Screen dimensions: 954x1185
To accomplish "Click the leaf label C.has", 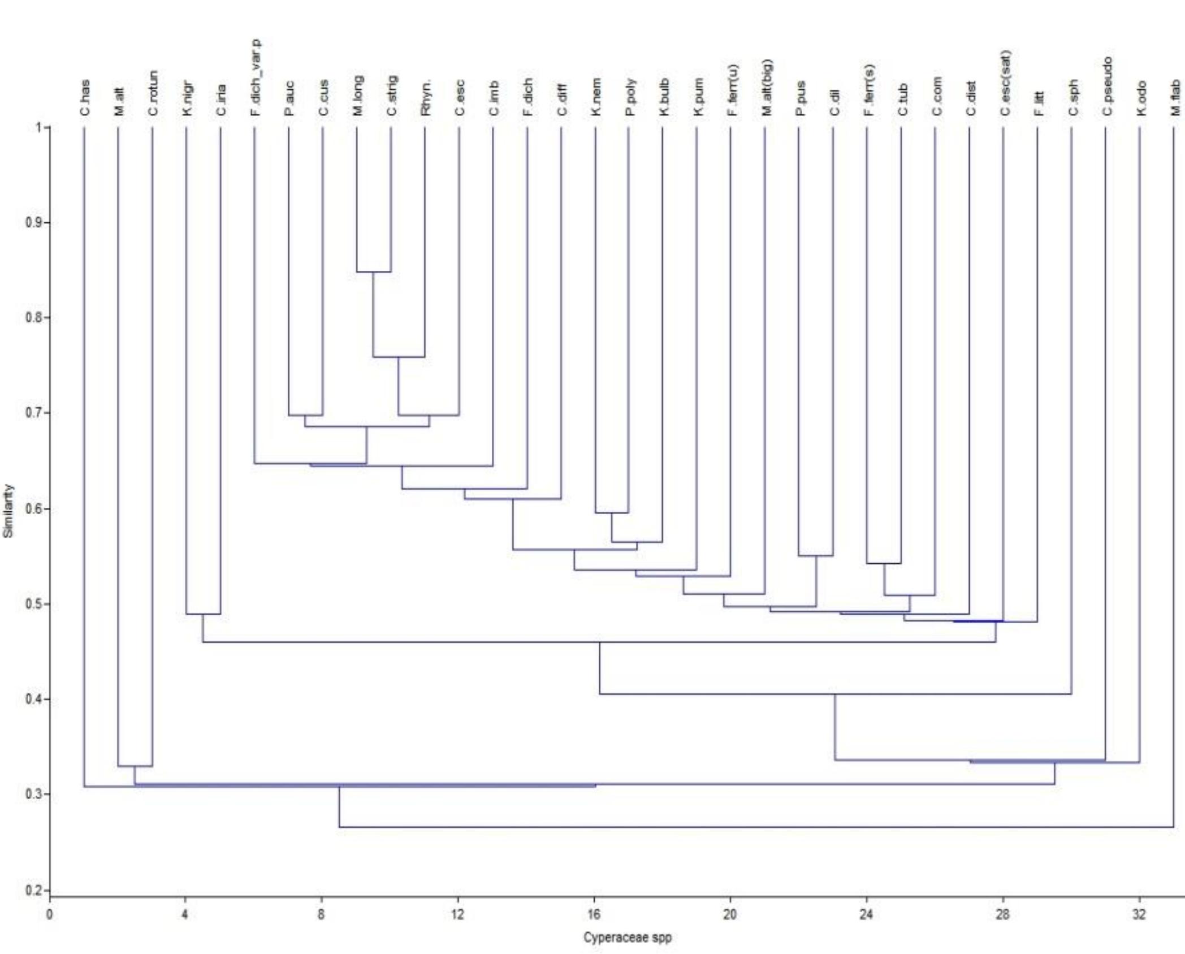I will [85, 98].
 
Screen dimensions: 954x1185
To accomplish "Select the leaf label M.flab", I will [1175, 97].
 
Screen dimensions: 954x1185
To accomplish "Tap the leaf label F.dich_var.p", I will [256, 77].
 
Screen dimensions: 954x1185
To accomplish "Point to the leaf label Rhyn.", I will [426, 97].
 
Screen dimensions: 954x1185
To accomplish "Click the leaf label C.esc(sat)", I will [1005, 83].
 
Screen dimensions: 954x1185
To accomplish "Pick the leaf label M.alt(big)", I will [766, 87].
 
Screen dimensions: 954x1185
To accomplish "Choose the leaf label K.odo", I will [1141, 98].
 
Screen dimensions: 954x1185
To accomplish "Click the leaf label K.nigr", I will [187, 98].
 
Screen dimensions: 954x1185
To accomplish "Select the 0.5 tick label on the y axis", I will [34, 604].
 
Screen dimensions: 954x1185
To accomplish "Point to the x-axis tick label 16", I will [594, 914].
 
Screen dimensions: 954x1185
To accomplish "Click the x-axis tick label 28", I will [1002, 914].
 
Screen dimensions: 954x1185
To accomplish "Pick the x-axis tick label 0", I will [50, 914].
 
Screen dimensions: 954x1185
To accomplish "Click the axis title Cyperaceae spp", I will [628, 938].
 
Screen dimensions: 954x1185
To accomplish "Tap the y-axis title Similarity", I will [8, 511].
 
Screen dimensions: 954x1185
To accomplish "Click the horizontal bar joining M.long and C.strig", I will [373, 272].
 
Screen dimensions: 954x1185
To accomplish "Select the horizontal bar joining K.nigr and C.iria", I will [203, 614].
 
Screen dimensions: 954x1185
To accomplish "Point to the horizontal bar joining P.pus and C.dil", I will [815, 556].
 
